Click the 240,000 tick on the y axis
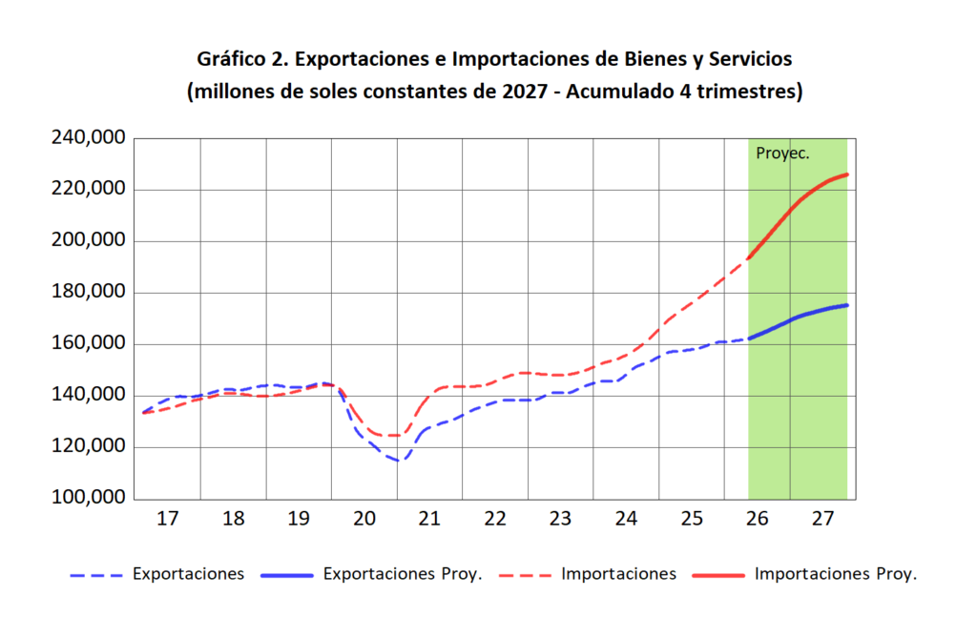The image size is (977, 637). [89, 137]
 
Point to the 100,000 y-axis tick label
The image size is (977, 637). [89, 498]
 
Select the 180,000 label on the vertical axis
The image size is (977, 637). [89, 292]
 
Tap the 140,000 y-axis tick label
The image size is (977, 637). [89, 395]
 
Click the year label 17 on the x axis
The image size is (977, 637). [168, 519]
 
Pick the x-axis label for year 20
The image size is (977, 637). [364, 519]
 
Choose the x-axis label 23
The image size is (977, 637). [560, 519]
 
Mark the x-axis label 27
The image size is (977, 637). [822, 519]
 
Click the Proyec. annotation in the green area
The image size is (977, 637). [782, 154]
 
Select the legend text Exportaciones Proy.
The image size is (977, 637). [403, 574]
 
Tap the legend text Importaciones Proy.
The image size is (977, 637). [836, 574]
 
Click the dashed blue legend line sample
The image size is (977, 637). [96, 576]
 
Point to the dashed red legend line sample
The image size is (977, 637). [526, 576]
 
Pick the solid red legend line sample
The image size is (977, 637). [718, 576]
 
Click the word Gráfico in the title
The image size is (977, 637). [231, 59]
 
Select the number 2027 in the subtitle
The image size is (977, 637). [526, 92]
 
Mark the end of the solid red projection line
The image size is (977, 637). [847, 175]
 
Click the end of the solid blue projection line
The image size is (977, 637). [847, 305]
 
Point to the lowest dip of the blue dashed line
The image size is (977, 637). [399, 461]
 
